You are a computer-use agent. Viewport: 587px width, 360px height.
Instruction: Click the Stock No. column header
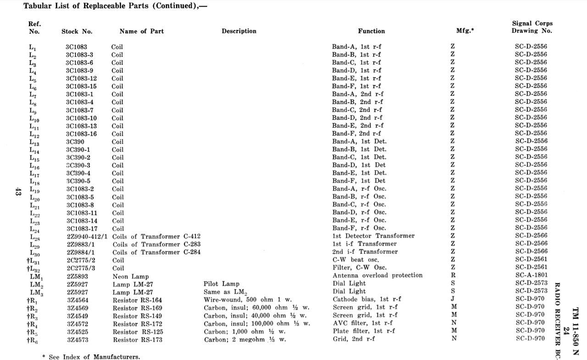[x=77, y=31]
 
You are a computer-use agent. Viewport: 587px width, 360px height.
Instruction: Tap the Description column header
[x=239, y=31]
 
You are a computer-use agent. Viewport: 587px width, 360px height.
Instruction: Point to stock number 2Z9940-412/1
[x=87, y=236]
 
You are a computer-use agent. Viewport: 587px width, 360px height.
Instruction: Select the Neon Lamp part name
[x=131, y=277]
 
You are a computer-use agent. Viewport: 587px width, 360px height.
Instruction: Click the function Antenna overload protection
[x=377, y=276]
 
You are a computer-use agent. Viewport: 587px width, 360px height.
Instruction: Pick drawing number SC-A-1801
[x=531, y=276]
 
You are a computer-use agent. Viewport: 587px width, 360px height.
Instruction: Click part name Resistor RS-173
[x=138, y=340]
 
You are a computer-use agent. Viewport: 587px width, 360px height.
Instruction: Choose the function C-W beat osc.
[x=356, y=260]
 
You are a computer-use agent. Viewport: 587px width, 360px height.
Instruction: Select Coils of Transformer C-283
[x=156, y=244]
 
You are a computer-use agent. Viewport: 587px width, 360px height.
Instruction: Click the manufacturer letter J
[x=453, y=299]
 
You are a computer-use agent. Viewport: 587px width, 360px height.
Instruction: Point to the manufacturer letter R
[x=453, y=276]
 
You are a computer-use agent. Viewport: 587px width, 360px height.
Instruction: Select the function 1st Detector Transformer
[x=373, y=236]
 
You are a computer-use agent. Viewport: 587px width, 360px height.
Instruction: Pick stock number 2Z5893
[x=78, y=277]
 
